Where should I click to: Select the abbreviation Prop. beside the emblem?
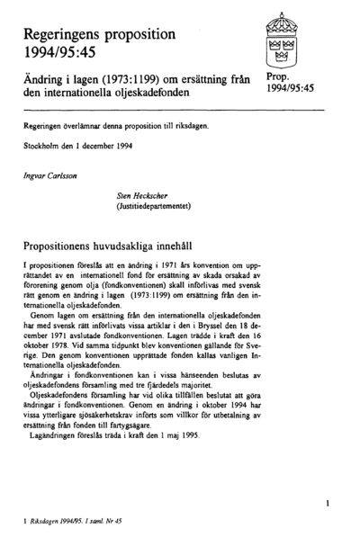click(x=279, y=78)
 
